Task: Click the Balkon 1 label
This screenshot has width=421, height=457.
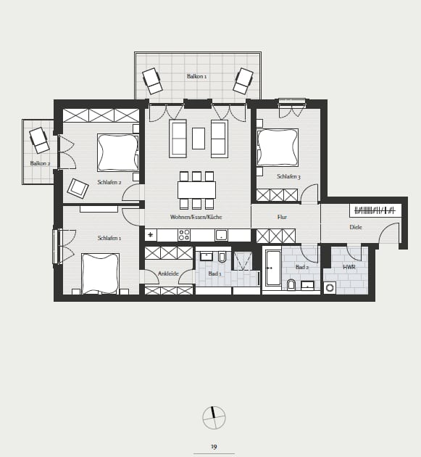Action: tap(197, 76)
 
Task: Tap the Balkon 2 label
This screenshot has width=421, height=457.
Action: tap(40, 163)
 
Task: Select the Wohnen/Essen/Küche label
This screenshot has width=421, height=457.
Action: tap(196, 217)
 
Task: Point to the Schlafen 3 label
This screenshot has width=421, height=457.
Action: tap(288, 176)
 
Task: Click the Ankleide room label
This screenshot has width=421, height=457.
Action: tap(168, 273)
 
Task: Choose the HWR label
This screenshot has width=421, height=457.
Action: tap(349, 267)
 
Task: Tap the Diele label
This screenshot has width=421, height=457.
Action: tap(356, 227)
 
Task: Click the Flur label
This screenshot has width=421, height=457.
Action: tap(282, 217)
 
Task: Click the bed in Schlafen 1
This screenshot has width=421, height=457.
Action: tap(101, 273)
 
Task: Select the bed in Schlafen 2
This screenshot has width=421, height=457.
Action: tap(117, 152)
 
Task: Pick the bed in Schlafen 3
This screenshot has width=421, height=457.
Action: tap(278, 147)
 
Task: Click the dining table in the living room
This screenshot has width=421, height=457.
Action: tap(197, 190)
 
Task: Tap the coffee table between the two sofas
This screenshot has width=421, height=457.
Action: tap(199, 139)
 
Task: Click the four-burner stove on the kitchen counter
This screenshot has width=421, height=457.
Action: tap(184, 235)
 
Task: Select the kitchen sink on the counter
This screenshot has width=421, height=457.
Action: tap(221, 235)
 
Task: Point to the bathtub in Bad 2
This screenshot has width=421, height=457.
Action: tap(273, 268)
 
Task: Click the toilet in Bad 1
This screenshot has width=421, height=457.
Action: tap(222, 257)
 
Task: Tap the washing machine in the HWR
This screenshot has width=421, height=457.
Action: tap(330, 288)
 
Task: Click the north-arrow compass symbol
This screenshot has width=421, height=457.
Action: tap(214, 418)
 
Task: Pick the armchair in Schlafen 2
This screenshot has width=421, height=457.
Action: tap(78, 189)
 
